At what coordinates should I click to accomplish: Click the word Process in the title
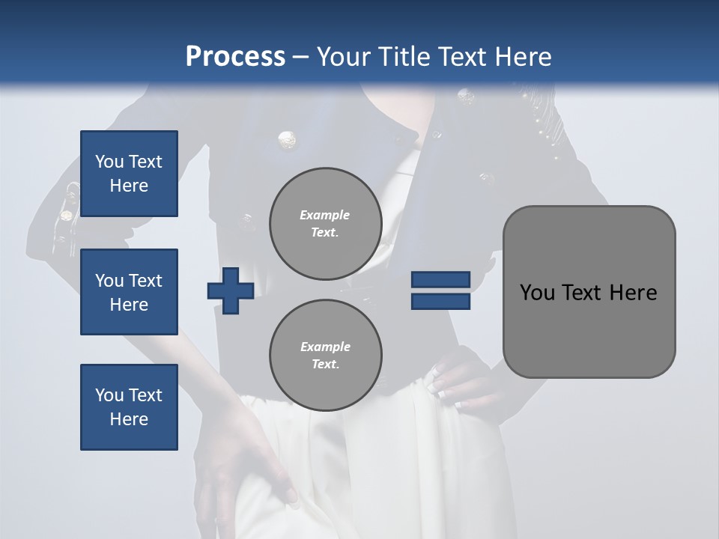pyautogui.click(x=235, y=57)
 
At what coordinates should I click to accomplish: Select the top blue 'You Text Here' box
pyautogui.click(x=129, y=174)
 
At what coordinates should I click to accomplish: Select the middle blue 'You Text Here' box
pyautogui.click(x=129, y=292)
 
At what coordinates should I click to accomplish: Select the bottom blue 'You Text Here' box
pyautogui.click(x=129, y=407)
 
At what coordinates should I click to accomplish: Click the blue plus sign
pyautogui.click(x=231, y=290)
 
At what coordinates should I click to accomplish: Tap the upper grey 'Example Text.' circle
pyautogui.click(x=326, y=223)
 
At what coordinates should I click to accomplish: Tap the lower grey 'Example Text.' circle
pyautogui.click(x=326, y=355)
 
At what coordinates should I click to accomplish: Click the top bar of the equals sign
pyautogui.click(x=440, y=280)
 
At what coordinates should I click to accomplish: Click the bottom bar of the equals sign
pyautogui.click(x=440, y=302)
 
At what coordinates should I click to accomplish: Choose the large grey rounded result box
pyautogui.click(x=589, y=292)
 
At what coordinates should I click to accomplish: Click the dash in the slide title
pyautogui.click(x=300, y=58)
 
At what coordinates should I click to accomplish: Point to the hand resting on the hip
pyautogui.click(x=458, y=382)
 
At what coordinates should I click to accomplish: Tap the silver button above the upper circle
pyautogui.click(x=286, y=139)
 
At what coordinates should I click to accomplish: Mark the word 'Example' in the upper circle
pyautogui.click(x=325, y=215)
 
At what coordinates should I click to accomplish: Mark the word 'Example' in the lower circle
pyautogui.click(x=325, y=347)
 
